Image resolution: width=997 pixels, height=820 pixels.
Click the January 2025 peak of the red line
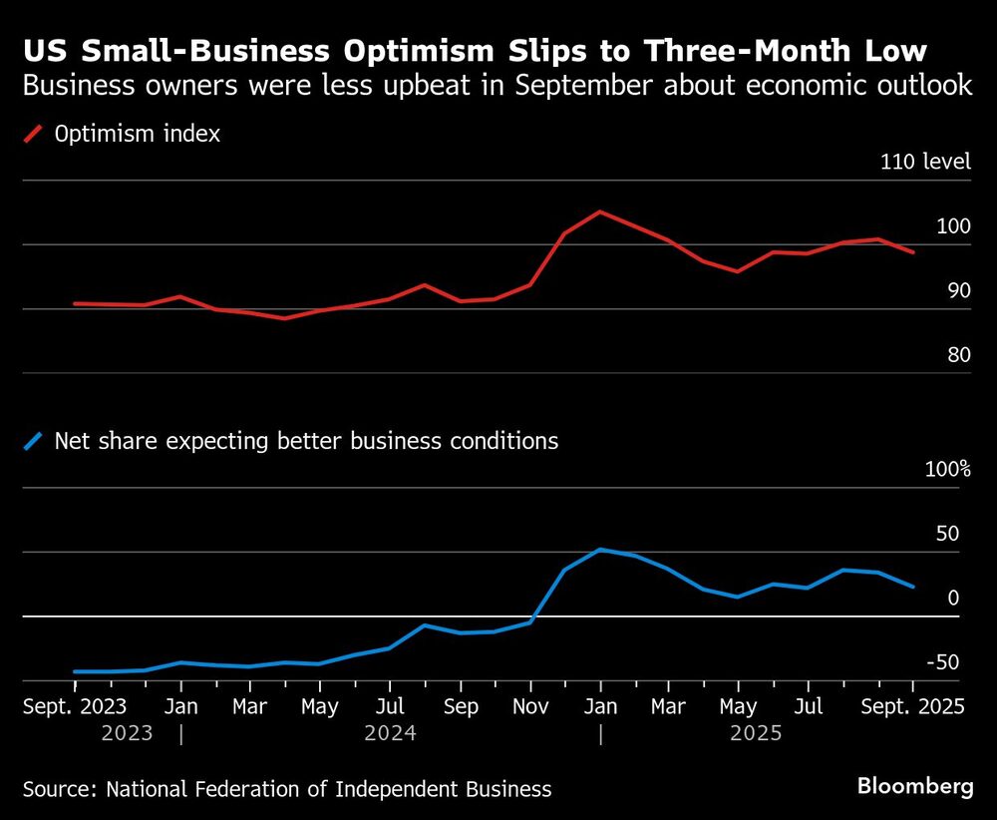pyautogui.click(x=599, y=211)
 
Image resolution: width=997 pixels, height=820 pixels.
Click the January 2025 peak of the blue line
pyautogui.click(x=599, y=550)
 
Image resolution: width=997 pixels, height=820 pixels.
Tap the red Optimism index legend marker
pyautogui.click(x=34, y=134)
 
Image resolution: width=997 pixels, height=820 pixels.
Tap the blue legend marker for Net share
pyautogui.click(x=34, y=441)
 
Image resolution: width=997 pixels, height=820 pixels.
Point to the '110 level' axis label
pyautogui.click(x=924, y=163)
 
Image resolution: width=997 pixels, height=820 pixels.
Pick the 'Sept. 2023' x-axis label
pyautogui.click(x=75, y=706)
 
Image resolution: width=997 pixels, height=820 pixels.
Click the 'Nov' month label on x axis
pyautogui.click(x=530, y=706)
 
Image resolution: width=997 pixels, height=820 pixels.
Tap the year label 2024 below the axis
pyautogui.click(x=390, y=733)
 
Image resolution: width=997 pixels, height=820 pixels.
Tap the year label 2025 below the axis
pyautogui.click(x=756, y=733)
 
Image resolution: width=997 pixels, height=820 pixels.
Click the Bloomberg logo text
pyautogui.click(x=915, y=786)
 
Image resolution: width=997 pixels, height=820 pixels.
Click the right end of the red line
pyautogui.click(x=913, y=252)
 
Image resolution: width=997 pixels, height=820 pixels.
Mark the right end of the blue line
pyautogui.click(x=913, y=587)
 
